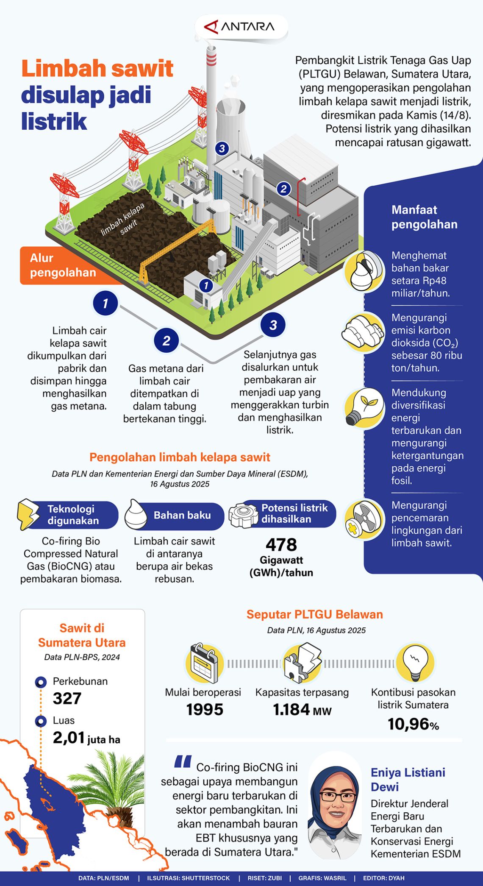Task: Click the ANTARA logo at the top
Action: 240,27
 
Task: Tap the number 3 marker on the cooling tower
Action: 222,148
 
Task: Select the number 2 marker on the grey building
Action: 283,189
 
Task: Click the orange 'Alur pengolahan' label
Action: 63,265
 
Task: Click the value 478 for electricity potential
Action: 281,545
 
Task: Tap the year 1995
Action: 205,710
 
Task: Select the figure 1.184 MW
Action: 302,710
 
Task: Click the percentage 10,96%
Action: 413,724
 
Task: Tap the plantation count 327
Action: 67,698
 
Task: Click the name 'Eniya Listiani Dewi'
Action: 408,780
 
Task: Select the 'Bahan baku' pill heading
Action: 182,515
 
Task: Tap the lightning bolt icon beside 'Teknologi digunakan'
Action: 28,514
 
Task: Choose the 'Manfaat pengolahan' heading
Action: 424,217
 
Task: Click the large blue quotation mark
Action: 183,762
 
